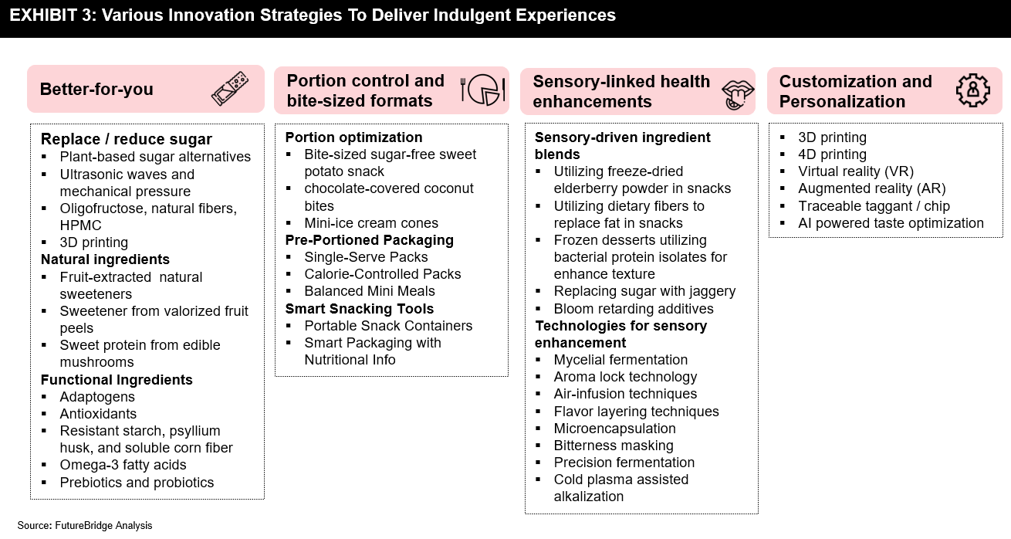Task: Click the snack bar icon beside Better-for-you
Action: pyautogui.click(x=230, y=89)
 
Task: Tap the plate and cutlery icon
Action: pyautogui.click(x=483, y=90)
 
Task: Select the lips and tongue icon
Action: pyautogui.click(x=738, y=94)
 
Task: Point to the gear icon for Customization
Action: pyautogui.click(x=973, y=90)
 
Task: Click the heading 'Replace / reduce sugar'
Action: pyautogui.click(x=127, y=139)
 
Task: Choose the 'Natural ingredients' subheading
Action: pyautogui.click(x=105, y=259)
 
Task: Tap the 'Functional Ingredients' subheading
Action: pyautogui.click(x=117, y=380)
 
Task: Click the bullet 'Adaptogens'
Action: pyautogui.click(x=97, y=397)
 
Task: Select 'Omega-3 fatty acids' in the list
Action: pyautogui.click(x=123, y=465)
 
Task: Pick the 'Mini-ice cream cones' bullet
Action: pyautogui.click(x=371, y=223)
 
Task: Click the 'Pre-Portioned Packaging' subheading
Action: pyautogui.click(x=369, y=240)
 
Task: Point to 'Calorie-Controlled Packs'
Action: pyautogui.click(x=382, y=274)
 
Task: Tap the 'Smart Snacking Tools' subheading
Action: pyautogui.click(x=360, y=309)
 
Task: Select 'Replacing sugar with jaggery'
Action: pyautogui.click(x=644, y=291)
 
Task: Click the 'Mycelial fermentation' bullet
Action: pyautogui.click(x=620, y=360)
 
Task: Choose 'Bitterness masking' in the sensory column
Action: pyautogui.click(x=614, y=446)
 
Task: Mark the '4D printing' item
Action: pyautogui.click(x=832, y=154)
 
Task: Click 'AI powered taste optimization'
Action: pyautogui.click(x=891, y=223)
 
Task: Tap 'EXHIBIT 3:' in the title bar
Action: pyautogui.click(x=52, y=15)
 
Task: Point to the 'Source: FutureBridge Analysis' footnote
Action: pyautogui.click(x=85, y=525)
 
